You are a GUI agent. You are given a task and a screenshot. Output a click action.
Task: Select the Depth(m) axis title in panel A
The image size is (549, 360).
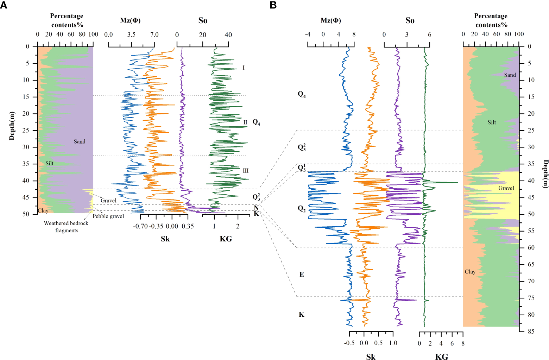tap(12, 126)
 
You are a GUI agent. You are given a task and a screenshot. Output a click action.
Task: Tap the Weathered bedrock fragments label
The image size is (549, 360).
tap(66, 227)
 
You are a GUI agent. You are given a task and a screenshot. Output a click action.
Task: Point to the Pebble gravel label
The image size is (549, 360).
tap(108, 216)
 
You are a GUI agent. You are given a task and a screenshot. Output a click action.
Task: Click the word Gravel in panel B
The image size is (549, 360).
tap(506, 188)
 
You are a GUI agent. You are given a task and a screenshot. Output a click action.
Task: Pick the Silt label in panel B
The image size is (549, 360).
tap(492, 122)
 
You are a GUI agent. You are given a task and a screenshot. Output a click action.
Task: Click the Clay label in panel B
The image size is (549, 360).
tap(470, 272)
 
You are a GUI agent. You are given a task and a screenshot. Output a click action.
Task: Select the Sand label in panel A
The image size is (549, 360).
tap(80, 141)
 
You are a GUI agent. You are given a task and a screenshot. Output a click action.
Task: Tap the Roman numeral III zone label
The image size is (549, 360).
tap(245, 171)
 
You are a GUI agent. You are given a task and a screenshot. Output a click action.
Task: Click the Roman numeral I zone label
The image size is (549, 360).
tap(243, 68)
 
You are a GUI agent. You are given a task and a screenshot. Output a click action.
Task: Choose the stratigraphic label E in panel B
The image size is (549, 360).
tap(302, 274)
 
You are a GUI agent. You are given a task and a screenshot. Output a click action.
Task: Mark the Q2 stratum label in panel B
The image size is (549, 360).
tap(302, 209)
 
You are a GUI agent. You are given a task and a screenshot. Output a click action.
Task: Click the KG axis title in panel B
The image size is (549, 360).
tap(441, 356)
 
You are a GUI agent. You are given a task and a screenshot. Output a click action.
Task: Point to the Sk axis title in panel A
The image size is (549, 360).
tap(165, 239)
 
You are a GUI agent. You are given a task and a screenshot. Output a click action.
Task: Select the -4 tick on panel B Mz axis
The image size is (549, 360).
tap(308, 34)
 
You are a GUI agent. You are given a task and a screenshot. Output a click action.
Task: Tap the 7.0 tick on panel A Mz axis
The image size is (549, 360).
tap(154, 34)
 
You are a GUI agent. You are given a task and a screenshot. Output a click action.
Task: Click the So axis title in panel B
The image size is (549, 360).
tap(410, 20)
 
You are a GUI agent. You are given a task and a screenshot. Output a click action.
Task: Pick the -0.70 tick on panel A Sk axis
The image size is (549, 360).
tap(140, 226)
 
